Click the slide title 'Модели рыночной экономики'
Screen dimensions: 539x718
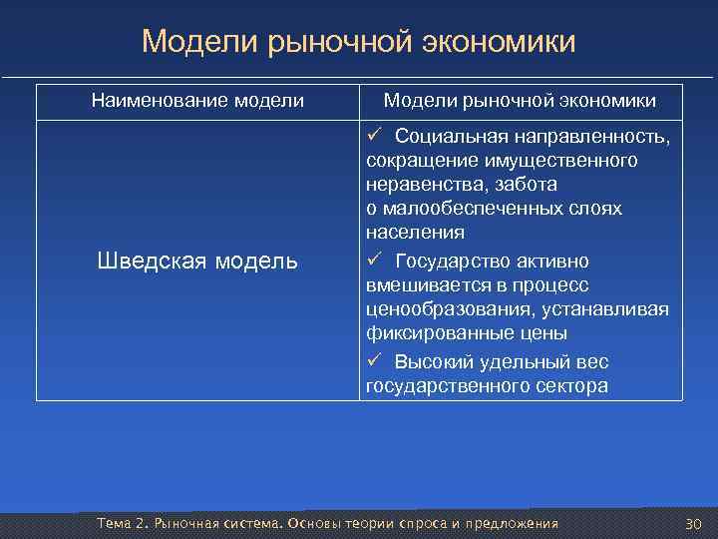358,42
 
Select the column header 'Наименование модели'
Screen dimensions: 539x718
197,101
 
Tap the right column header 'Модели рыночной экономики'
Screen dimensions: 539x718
520,101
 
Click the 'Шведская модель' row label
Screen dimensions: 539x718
197,262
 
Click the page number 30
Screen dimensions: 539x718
694,525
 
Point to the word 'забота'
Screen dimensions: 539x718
530,185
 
